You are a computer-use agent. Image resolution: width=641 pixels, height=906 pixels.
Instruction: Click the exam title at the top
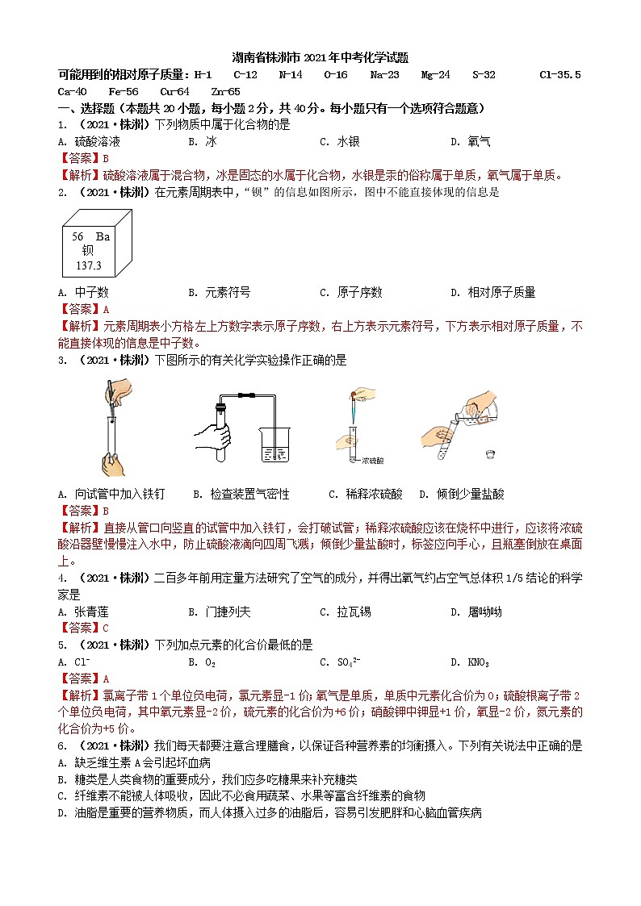(x=320, y=58)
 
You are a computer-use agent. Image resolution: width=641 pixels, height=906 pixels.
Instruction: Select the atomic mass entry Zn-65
(x=225, y=92)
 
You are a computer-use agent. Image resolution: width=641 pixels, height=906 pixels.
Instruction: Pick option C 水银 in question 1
(x=340, y=142)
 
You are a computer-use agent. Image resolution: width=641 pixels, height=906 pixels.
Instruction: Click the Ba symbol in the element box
(x=103, y=236)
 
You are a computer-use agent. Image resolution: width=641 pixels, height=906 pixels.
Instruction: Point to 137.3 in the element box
(x=89, y=265)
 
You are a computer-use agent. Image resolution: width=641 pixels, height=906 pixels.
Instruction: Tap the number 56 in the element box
(x=78, y=236)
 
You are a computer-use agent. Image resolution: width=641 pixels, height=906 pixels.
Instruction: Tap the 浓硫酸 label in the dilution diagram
(x=373, y=461)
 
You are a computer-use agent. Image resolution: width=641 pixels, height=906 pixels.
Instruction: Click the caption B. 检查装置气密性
(x=241, y=494)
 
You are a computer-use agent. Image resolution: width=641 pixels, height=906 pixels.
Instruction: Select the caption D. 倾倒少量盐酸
(x=462, y=494)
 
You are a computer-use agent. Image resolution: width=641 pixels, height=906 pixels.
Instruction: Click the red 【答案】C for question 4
(x=83, y=628)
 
